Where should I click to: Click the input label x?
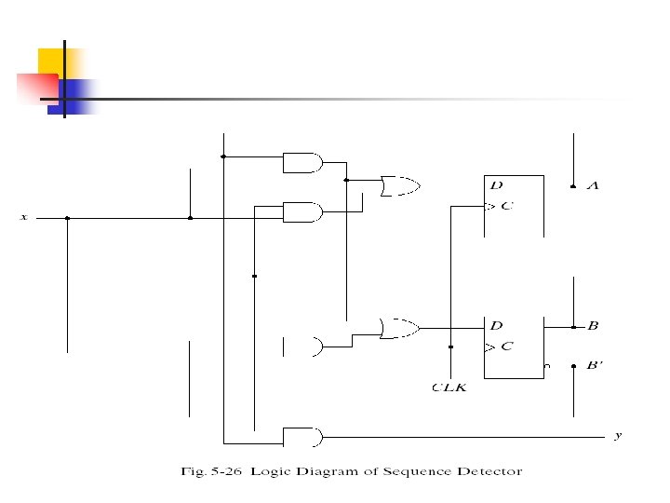24,217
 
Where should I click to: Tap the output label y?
618,435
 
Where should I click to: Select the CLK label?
449,387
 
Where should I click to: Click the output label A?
593,186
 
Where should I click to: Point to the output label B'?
595,365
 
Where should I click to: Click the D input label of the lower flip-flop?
496,326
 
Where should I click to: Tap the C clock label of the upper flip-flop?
507,206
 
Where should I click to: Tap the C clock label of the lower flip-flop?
507,347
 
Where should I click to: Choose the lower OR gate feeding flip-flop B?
399,327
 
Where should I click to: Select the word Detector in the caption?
489,471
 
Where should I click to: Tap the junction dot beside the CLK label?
450,347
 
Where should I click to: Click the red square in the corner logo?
35,87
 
